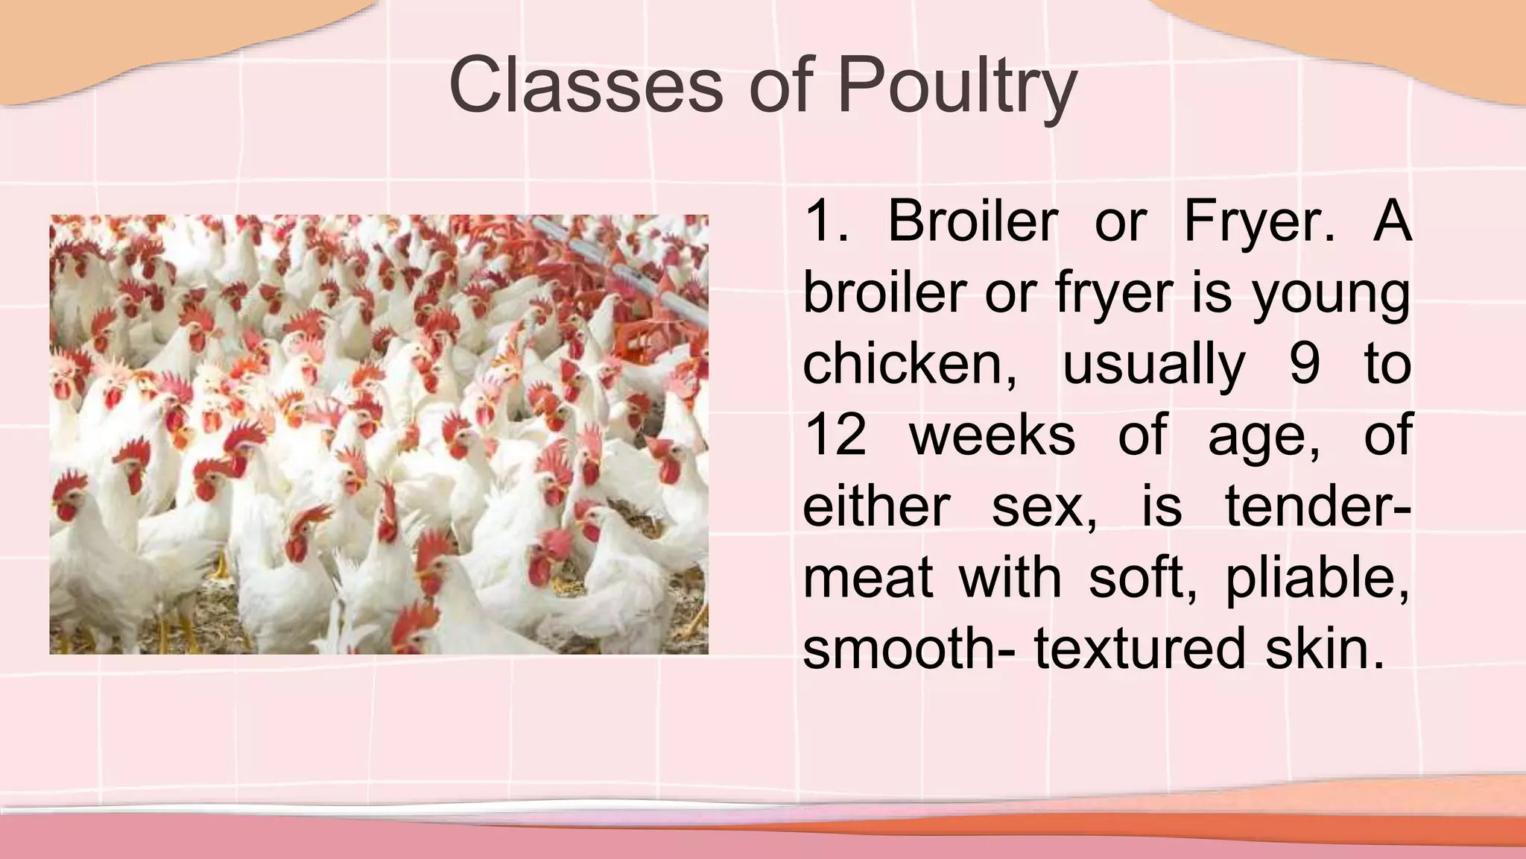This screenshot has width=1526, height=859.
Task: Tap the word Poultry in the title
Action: point(957,88)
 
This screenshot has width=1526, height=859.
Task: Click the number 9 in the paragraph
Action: point(1305,365)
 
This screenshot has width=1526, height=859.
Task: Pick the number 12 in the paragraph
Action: point(835,435)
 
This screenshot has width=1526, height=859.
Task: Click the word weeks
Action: point(992,435)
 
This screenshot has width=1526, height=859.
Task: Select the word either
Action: point(876,506)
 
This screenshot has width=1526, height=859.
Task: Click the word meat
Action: point(867,578)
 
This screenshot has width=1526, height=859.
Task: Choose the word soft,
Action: point(1144,578)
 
